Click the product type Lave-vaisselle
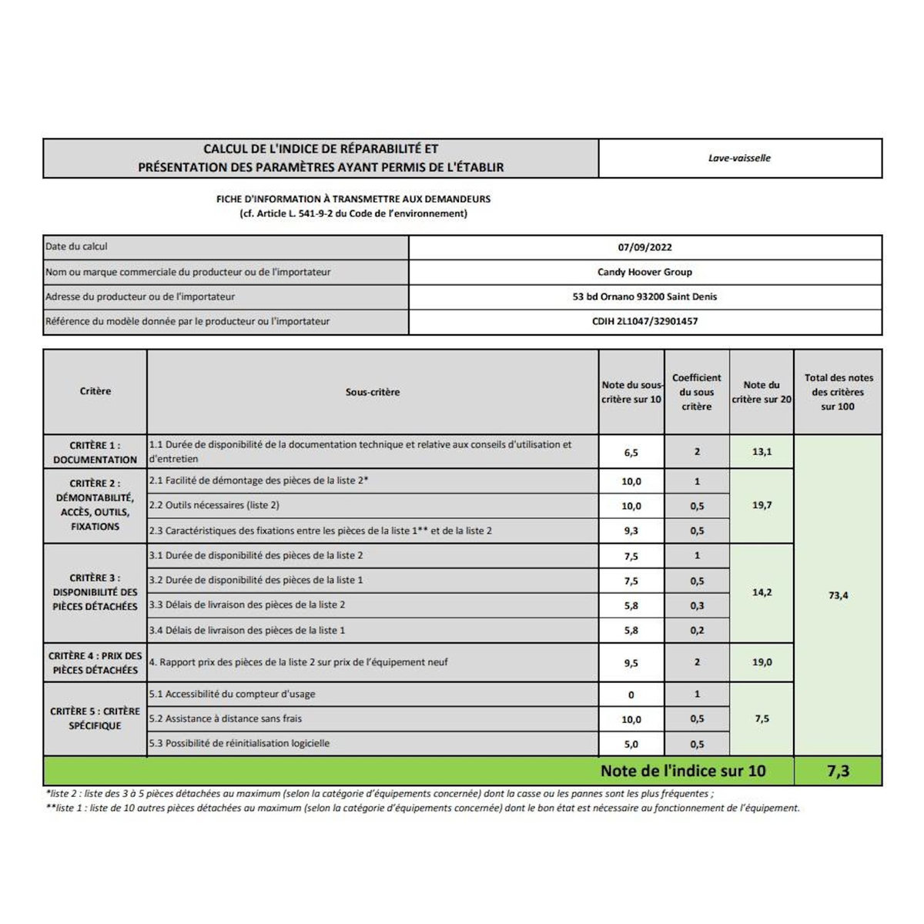[739, 158]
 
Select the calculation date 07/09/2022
[644, 247]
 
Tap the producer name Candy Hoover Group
[644, 272]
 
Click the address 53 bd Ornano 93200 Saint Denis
[644, 296]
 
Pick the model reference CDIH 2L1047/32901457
[644, 321]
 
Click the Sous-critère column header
[373, 392]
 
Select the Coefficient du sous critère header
[696, 392]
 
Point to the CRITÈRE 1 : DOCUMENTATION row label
[95, 452]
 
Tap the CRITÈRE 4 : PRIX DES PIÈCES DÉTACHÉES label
[95, 663]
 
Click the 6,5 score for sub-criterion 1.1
[631, 453]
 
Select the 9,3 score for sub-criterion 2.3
[631, 531]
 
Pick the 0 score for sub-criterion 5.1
[631, 695]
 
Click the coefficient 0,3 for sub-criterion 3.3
[697, 606]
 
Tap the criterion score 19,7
[762, 505]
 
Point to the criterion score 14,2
[762, 593]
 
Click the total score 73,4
[838, 595]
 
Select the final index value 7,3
[838, 771]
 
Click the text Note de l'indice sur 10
[683, 771]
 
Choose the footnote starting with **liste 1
[423, 808]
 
